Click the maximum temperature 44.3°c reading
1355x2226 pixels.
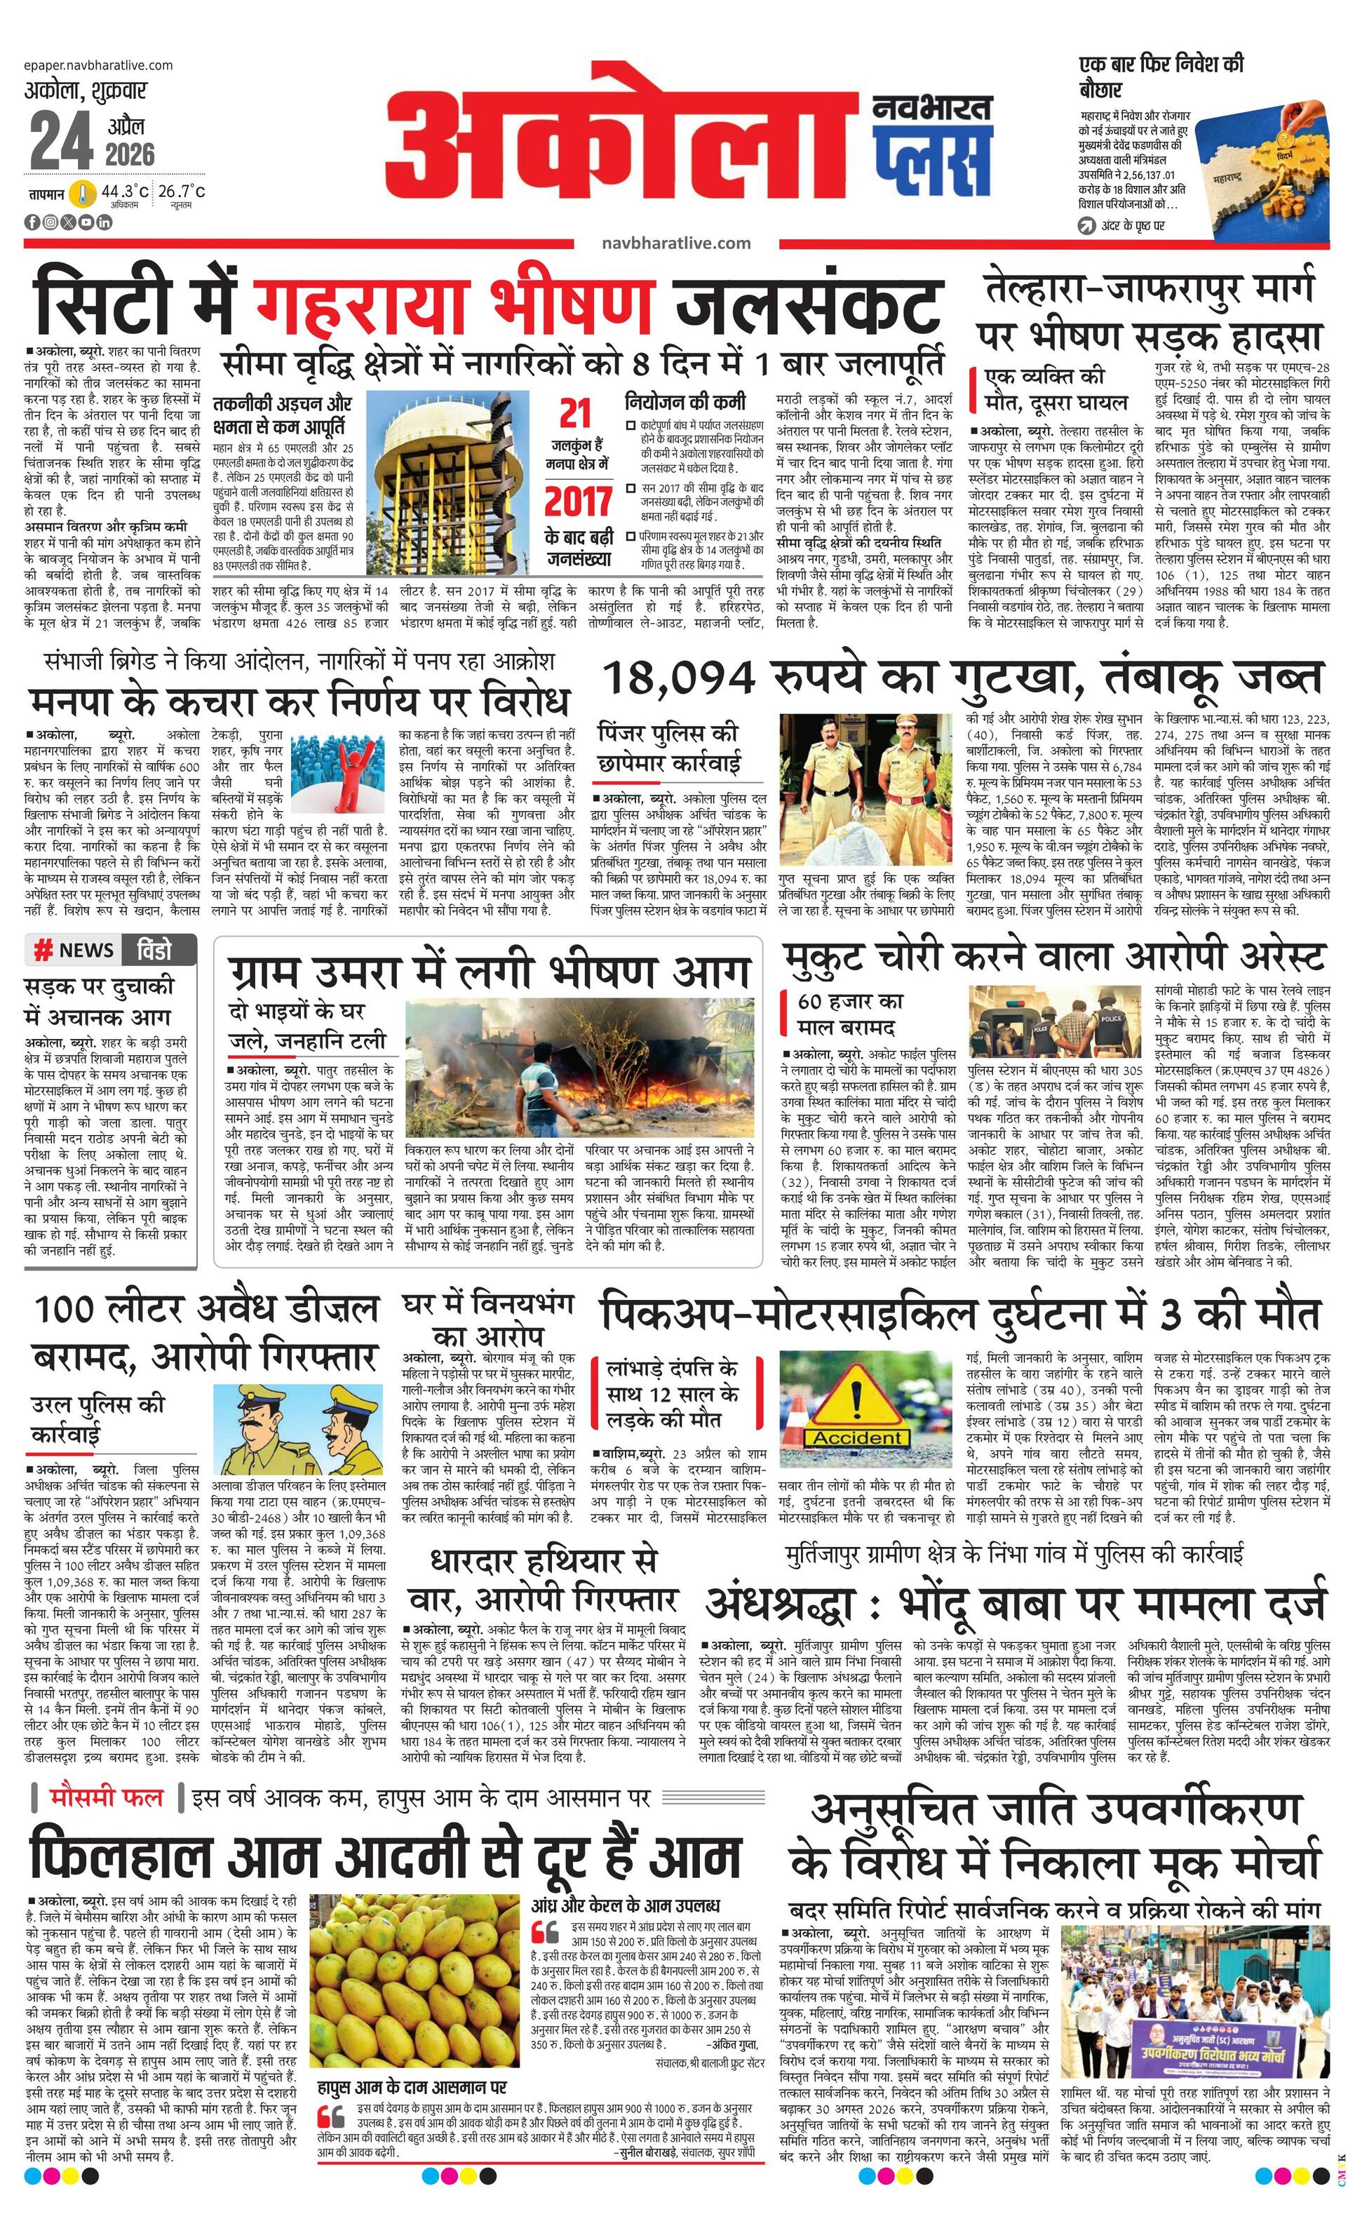click(x=125, y=191)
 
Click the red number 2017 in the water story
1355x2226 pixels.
click(x=578, y=500)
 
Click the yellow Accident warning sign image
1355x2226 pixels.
click(x=856, y=1409)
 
